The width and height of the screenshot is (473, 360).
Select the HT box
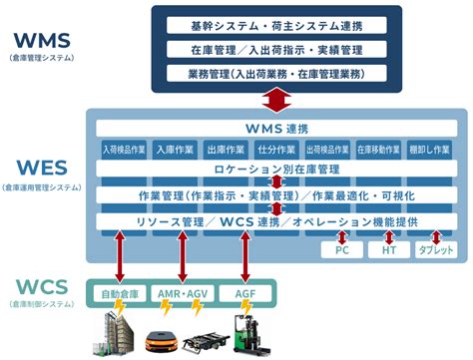click(390, 249)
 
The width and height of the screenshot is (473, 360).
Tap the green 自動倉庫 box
click(123, 294)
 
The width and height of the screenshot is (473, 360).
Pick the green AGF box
click(244, 294)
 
